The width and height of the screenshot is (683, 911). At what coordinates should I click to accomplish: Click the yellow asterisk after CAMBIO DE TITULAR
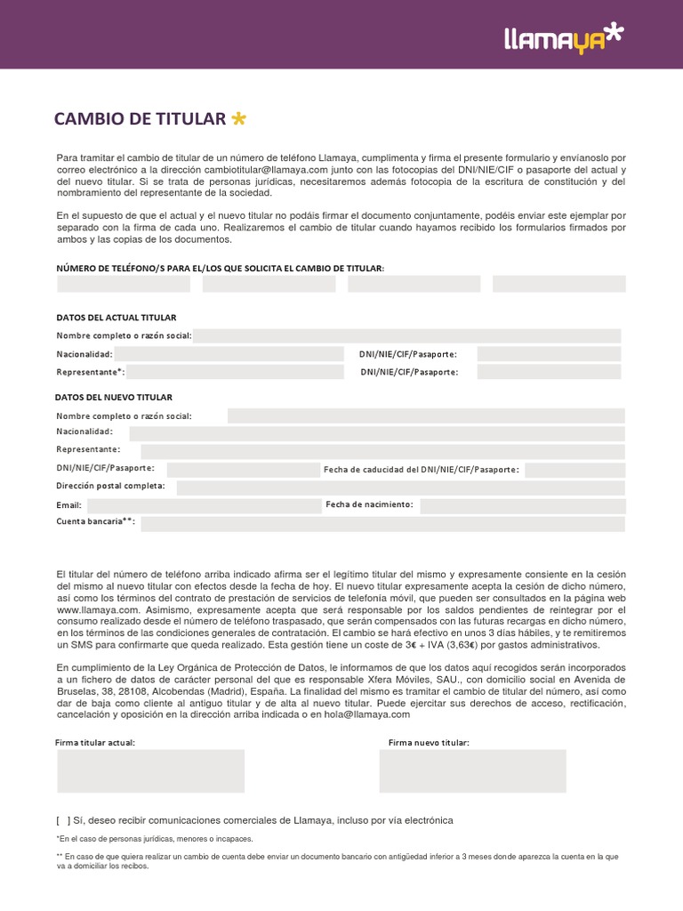tap(237, 118)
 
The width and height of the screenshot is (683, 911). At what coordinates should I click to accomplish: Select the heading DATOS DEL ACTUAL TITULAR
tap(117, 318)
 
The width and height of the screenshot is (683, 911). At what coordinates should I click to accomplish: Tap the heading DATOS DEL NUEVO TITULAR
tap(114, 397)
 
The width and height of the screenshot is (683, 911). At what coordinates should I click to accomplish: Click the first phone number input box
tap(124, 284)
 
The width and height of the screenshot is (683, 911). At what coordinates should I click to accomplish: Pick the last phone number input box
tap(558, 284)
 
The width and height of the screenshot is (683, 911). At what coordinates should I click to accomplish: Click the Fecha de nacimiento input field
tap(522, 505)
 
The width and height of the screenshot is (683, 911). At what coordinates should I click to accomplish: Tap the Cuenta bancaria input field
tap(382, 523)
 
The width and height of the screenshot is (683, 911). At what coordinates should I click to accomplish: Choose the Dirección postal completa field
tap(400, 487)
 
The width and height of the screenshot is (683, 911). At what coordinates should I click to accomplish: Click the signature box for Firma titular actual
tap(150, 770)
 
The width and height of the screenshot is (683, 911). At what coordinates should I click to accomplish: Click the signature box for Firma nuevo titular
tap(472, 770)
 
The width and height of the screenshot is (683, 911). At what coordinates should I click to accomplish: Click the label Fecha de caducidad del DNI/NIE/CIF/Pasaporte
tap(422, 469)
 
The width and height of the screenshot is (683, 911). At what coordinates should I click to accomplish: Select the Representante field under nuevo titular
tap(382, 451)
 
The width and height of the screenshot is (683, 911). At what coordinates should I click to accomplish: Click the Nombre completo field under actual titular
tap(407, 335)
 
